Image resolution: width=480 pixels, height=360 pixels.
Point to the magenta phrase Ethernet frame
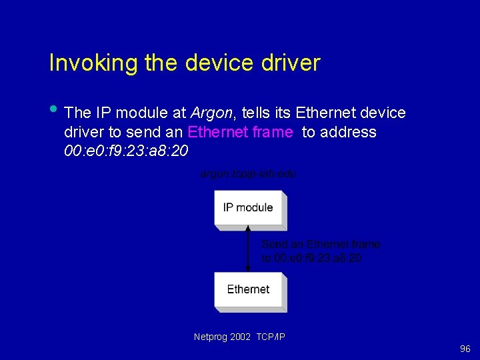coord(241,132)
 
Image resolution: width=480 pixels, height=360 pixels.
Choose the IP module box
coord(248,208)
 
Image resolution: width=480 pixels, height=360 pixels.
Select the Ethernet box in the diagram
coord(248,290)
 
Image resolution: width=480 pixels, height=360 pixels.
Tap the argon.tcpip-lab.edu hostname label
coord(248,174)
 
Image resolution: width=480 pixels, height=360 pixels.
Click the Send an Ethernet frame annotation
coord(321,245)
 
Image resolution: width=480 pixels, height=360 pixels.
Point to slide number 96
coord(465,349)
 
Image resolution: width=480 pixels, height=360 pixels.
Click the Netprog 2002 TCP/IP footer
coord(239,337)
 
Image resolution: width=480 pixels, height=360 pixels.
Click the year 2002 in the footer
coord(241,337)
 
